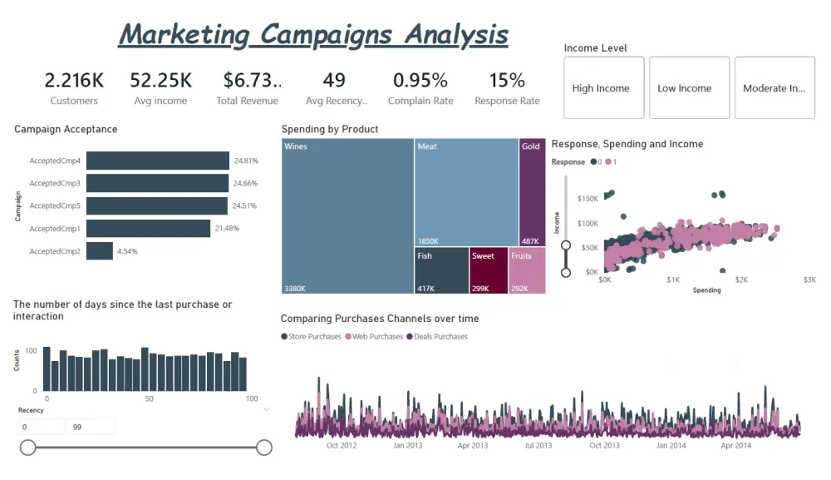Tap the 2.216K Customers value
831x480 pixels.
[x=74, y=81]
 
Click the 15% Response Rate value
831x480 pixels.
[x=507, y=81]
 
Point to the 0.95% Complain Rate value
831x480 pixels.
[x=420, y=81]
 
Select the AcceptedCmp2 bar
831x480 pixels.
[x=100, y=251]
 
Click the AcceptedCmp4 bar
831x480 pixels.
[x=157, y=161]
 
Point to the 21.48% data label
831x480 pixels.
[x=227, y=229]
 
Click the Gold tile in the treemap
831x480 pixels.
[x=532, y=192]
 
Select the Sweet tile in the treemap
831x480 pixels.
[x=489, y=270]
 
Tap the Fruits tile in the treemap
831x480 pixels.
[x=527, y=270]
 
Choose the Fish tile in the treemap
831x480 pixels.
[x=442, y=270]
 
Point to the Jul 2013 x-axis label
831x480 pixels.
[x=538, y=446]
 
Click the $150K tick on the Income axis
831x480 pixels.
[x=587, y=199]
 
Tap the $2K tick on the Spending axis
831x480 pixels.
[x=741, y=280]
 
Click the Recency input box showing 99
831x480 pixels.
[x=90, y=427]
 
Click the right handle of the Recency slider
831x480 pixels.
[x=264, y=448]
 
